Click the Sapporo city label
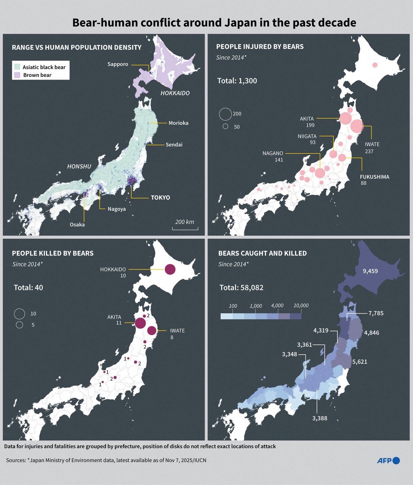click(x=118, y=64)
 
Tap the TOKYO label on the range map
click(x=160, y=198)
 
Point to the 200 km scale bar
click(x=185, y=229)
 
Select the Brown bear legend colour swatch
click(x=17, y=75)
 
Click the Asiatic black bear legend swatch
click(x=17, y=67)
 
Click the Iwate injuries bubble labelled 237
click(x=357, y=126)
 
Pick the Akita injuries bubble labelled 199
click(x=345, y=118)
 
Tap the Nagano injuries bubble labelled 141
click(x=320, y=173)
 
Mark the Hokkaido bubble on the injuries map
click(x=375, y=65)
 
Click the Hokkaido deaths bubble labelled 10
click(x=170, y=269)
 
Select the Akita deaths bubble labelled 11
click(x=140, y=323)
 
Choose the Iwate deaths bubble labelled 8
click(x=152, y=330)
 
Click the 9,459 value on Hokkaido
click(x=370, y=271)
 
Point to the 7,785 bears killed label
click(x=376, y=313)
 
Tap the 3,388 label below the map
click(x=319, y=418)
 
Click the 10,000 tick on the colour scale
click(x=301, y=305)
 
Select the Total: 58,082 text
click(x=241, y=287)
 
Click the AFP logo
click(x=388, y=460)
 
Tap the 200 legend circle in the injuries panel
click(x=225, y=114)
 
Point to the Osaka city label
click(x=77, y=225)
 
